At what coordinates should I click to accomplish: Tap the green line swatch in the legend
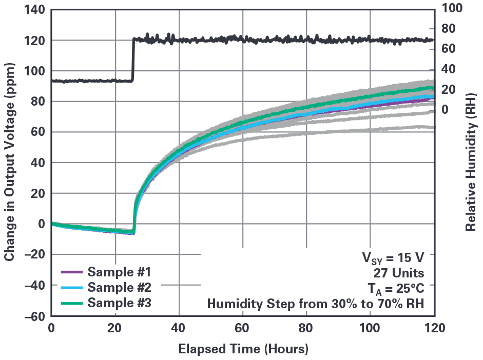(71, 303)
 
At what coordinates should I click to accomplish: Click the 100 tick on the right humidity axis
(452, 8)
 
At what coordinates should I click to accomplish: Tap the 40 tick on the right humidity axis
(450, 69)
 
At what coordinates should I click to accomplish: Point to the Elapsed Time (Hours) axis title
(243, 350)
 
